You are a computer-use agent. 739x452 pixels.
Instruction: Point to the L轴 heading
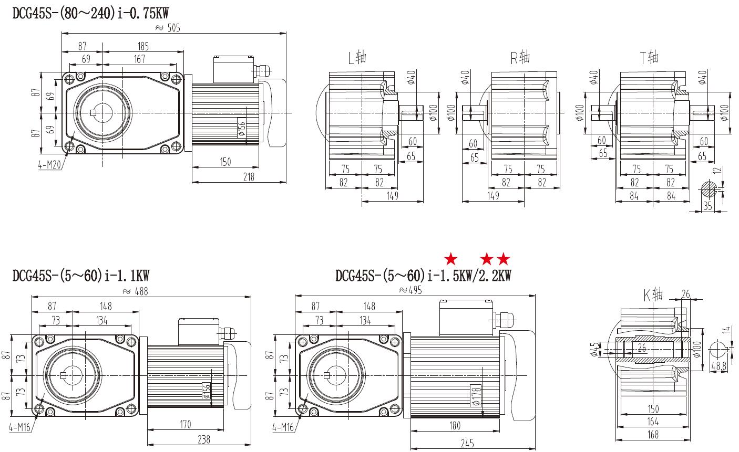tap(357, 57)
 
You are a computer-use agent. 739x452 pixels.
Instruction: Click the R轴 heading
tap(520, 57)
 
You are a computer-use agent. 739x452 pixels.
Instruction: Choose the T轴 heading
tap(649, 57)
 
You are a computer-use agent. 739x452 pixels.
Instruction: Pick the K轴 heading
tap(653, 296)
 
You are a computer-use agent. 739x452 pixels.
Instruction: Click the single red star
tap(450, 258)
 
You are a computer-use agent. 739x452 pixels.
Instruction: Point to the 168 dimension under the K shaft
tap(652, 434)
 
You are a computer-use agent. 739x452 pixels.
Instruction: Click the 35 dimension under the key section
tap(707, 206)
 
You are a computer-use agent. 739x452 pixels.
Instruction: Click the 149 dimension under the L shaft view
tap(393, 196)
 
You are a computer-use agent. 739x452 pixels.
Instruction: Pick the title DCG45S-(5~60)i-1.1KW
tap(81, 275)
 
